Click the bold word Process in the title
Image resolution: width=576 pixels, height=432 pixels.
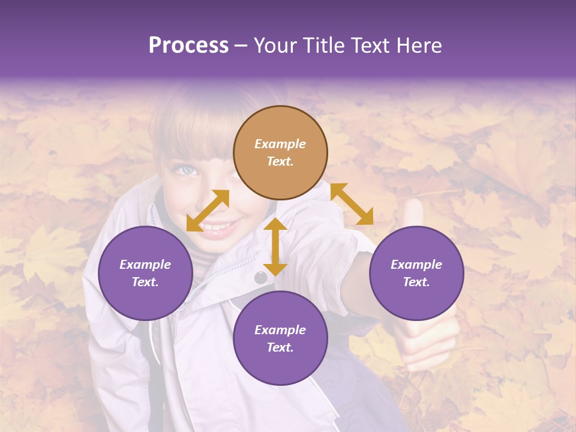tap(188, 46)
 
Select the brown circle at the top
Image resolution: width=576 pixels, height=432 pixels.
tap(280, 153)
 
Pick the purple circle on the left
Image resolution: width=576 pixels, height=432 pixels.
tap(145, 273)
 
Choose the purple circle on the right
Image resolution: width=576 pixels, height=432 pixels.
tap(416, 273)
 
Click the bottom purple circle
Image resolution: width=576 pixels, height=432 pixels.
tap(280, 338)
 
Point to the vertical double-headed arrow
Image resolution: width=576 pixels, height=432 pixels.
tap(275, 247)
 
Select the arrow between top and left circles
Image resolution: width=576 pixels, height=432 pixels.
tap(208, 211)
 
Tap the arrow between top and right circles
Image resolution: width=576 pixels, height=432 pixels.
tap(352, 204)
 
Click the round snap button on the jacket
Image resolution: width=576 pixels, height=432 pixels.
tap(260, 277)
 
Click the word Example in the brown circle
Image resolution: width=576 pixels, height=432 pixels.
tap(280, 144)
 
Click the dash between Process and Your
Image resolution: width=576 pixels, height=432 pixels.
tap(241, 46)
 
